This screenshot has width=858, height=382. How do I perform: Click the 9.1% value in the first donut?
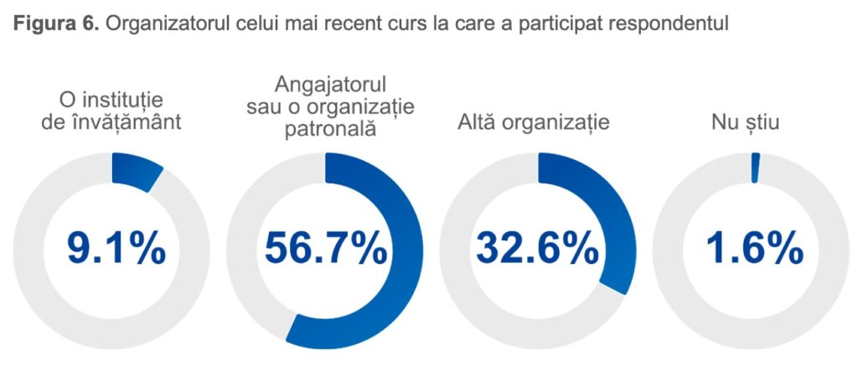pyautogui.click(x=116, y=249)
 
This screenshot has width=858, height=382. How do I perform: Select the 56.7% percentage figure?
pyautogui.click(x=326, y=249)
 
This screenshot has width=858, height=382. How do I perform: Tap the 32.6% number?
pyautogui.click(x=538, y=249)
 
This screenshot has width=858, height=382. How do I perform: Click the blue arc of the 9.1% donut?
pyautogui.click(x=137, y=171)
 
